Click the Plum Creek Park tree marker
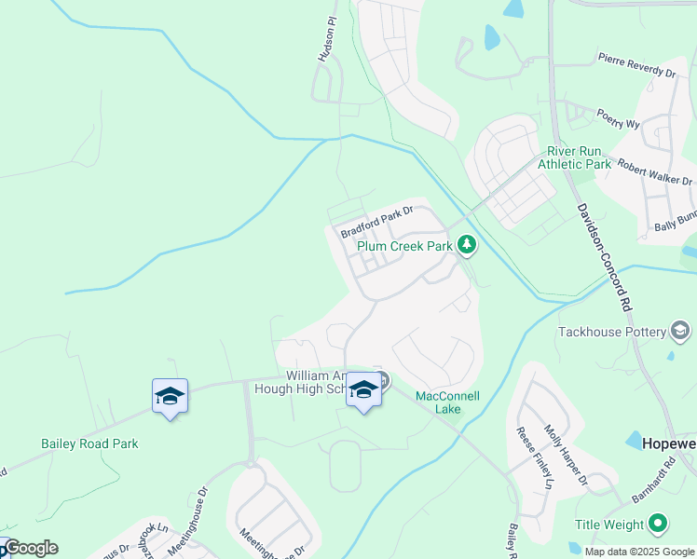coord(467,246)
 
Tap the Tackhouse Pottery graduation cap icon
coord(680,331)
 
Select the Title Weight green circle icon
coord(658,525)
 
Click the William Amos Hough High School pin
coord(362,392)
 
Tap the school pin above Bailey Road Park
coord(170,398)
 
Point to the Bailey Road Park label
coord(89,443)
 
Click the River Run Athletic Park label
coord(579,157)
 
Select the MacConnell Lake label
coord(447,402)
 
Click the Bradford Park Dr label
coord(376,222)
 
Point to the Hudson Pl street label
coord(325,43)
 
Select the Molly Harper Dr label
coord(566,455)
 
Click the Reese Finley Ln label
coord(535,457)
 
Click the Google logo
coord(30,548)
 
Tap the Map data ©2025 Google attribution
coord(639,551)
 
